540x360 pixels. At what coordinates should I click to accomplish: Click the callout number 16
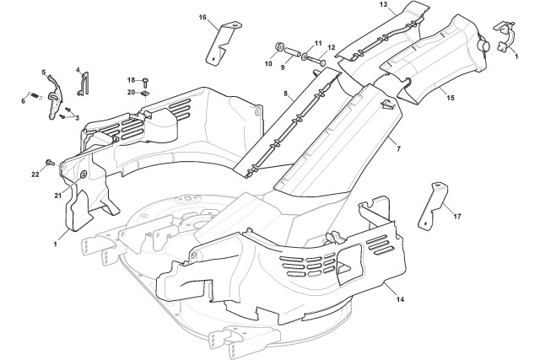click(x=202, y=17)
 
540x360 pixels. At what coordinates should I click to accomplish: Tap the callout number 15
click(x=450, y=99)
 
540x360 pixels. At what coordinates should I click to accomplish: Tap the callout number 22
click(x=35, y=174)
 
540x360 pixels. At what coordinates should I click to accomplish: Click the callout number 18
click(x=131, y=80)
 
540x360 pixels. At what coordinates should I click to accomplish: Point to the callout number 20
click(x=131, y=92)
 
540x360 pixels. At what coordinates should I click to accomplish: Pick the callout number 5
click(x=44, y=73)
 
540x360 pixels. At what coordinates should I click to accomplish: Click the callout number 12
click(x=331, y=47)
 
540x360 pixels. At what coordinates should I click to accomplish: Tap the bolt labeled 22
click(x=50, y=161)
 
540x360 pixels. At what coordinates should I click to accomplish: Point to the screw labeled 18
click(x=146, y=81)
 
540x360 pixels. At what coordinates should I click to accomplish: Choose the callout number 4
click(x=78, y=70)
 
